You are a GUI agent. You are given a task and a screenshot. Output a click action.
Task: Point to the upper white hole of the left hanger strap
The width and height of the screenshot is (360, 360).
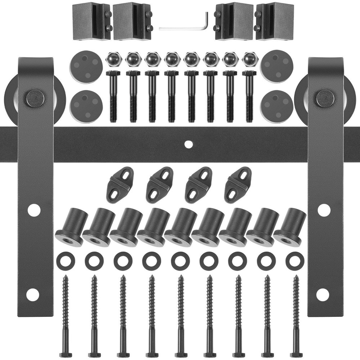tap(34, 210)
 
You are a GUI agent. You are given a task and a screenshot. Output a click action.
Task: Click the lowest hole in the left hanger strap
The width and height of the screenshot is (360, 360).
tap(33, 295)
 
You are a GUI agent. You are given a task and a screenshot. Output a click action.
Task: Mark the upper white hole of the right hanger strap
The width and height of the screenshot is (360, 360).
tap(324, 210)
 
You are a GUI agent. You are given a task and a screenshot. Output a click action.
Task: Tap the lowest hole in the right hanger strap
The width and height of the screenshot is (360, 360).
tap(323, 295)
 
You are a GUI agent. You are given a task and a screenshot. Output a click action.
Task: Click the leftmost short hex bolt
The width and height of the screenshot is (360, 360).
tap(113, 95)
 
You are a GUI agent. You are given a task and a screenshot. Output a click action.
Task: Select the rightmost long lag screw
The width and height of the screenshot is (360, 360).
tap(296, 313)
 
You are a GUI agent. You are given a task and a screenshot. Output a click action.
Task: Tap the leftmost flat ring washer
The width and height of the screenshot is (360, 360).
tap(66, 261)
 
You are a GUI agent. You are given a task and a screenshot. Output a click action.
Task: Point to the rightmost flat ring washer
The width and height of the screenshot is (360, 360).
tap(295, 261)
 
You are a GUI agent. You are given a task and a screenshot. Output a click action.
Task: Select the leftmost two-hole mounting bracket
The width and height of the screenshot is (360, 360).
tap(120, 185)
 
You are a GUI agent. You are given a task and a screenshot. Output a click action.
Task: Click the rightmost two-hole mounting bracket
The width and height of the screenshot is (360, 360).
tap(238, 185)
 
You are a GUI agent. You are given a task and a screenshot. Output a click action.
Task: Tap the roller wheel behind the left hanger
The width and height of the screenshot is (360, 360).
tap(11, 97)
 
